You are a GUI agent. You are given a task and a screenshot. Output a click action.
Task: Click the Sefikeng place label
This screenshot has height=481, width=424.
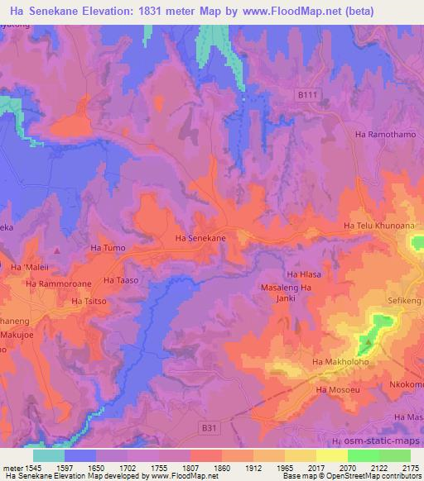(404, 304)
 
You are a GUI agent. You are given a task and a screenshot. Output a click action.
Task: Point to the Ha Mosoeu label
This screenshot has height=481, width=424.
(335, 388)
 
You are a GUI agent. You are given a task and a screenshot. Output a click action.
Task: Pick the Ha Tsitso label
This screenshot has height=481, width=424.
(89, 302)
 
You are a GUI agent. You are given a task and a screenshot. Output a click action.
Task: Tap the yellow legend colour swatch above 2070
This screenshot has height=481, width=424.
(330, 455)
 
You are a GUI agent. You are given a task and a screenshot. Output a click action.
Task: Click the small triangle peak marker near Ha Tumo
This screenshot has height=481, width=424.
(56, 249)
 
